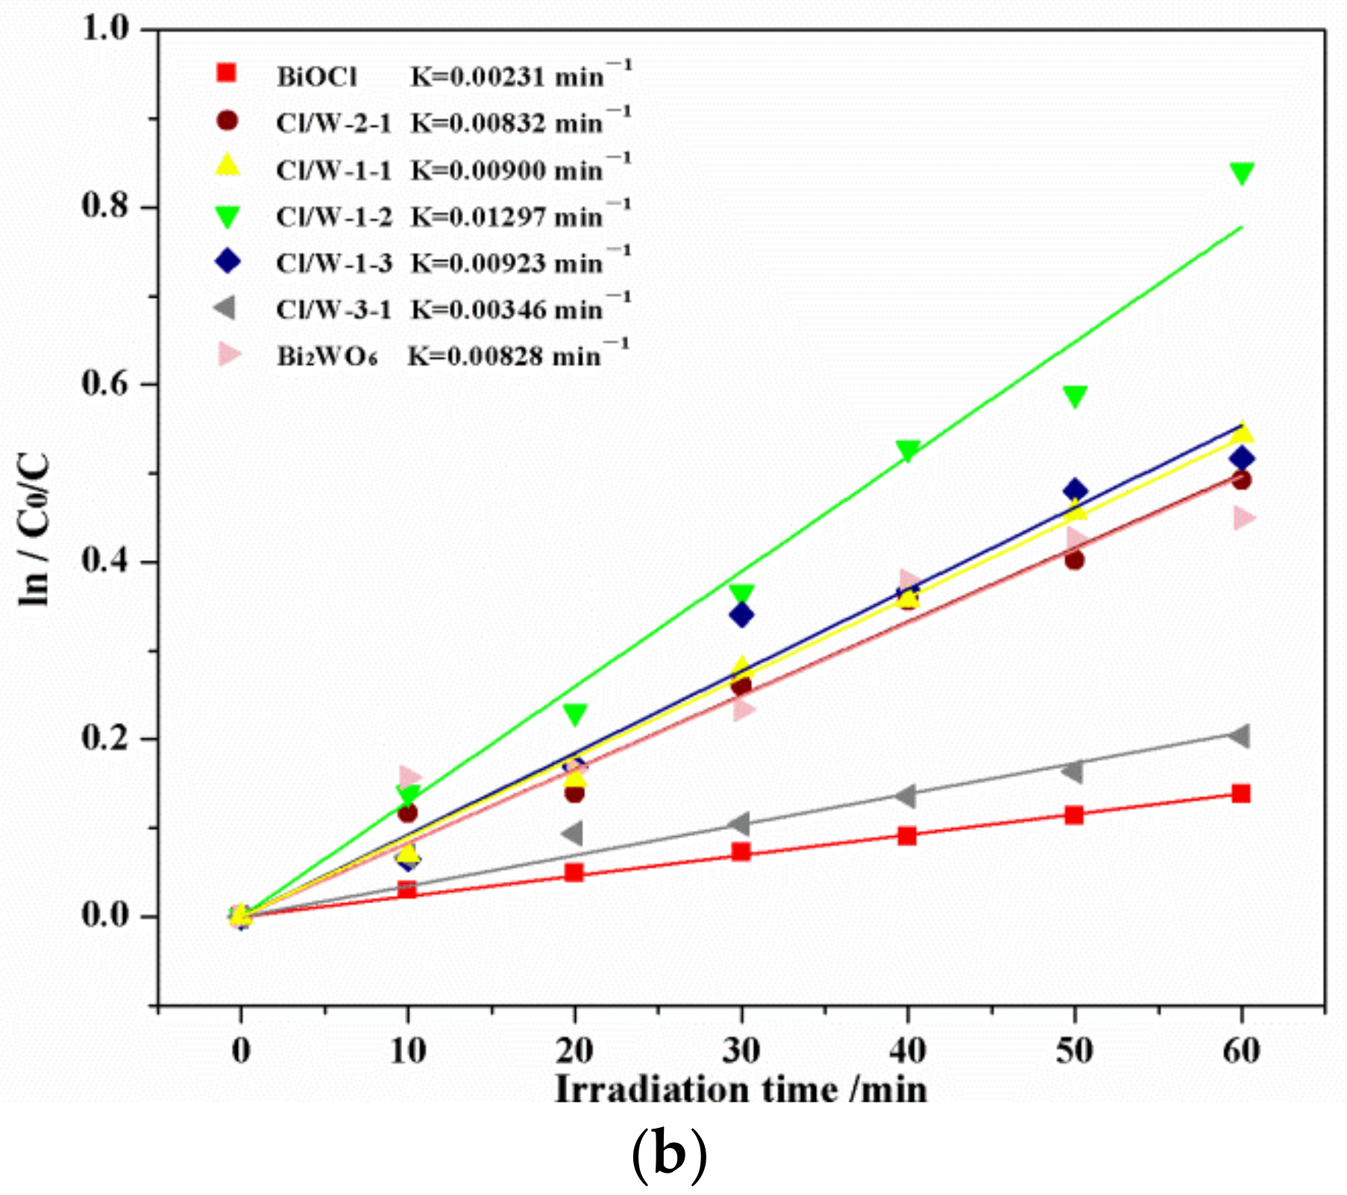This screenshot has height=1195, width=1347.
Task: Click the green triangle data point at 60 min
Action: click(x=1241, y=173)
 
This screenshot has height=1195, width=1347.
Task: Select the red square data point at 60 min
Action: click(x=1241, y=793)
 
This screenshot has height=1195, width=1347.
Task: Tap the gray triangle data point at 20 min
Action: click(x=573, y=833)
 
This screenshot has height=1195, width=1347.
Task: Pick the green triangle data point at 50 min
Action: click(x=1075, y=396)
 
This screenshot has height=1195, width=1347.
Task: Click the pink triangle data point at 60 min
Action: click(x=1243, y=518)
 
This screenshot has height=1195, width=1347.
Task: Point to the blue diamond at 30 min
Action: click(x=741, y=615)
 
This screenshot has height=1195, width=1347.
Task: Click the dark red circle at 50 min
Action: click(x=1074, y=560)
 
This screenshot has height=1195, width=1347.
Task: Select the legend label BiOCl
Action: click(x=317, y=77)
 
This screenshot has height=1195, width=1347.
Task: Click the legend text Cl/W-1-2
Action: click(x=333, y=217)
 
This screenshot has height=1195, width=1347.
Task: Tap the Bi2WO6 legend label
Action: click(x=327, y=357)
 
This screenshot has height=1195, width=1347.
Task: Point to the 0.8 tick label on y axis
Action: click(x=104, y=206)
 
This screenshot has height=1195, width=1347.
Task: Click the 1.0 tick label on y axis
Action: click(x=104, y=28)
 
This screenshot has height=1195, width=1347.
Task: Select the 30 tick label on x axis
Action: click(x=741, y=1051)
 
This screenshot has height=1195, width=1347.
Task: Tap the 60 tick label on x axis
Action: click(x=1241, y=1051)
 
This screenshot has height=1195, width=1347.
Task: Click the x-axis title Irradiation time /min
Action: click(x=741, y=1090)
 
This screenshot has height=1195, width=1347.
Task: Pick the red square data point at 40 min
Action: click(x=907, y=835)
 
